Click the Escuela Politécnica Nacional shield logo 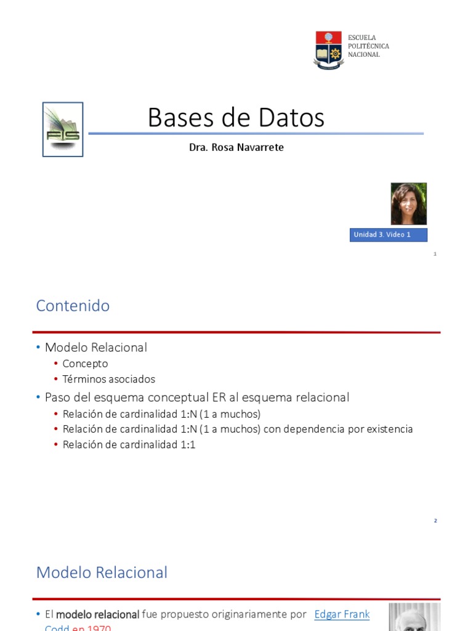[x=329, y=49]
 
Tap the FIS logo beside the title [x=63, y=129]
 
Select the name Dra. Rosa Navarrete [x=236, y=148]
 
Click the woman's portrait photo [x=408, y=203]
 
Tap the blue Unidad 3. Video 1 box [x=388, y=235]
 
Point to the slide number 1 [x=435, y=254]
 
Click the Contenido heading [x=73, y=306]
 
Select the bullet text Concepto [x=85, y=364]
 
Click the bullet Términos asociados [x=108, y=380]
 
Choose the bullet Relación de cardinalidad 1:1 [x=129, y=444]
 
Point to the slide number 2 [x=435, y=521]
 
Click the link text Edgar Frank [x=342, y=614]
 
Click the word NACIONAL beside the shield [x=364, y=55]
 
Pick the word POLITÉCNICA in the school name [x=369, y=46]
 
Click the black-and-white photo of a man [x=414, y=618]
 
